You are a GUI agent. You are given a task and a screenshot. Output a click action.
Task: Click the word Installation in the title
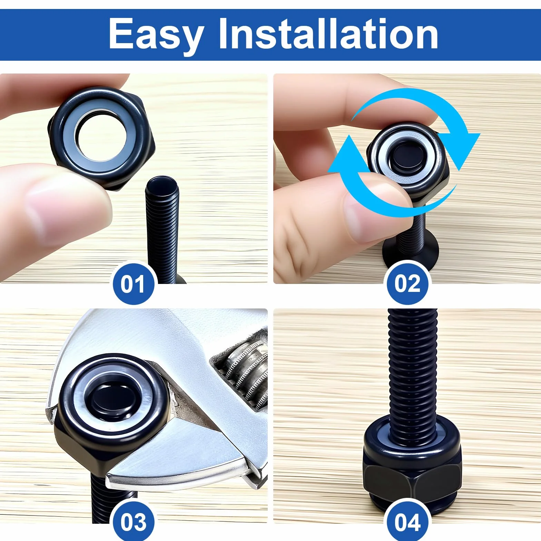point(328,33)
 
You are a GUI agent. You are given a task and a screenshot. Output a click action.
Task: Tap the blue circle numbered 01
point(134,284)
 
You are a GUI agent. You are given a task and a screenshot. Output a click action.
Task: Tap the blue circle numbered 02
point(407,284)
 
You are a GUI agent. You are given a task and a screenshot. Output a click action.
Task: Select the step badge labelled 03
point(134,522)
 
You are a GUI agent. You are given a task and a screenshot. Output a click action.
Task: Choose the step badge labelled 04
point(407,522)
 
